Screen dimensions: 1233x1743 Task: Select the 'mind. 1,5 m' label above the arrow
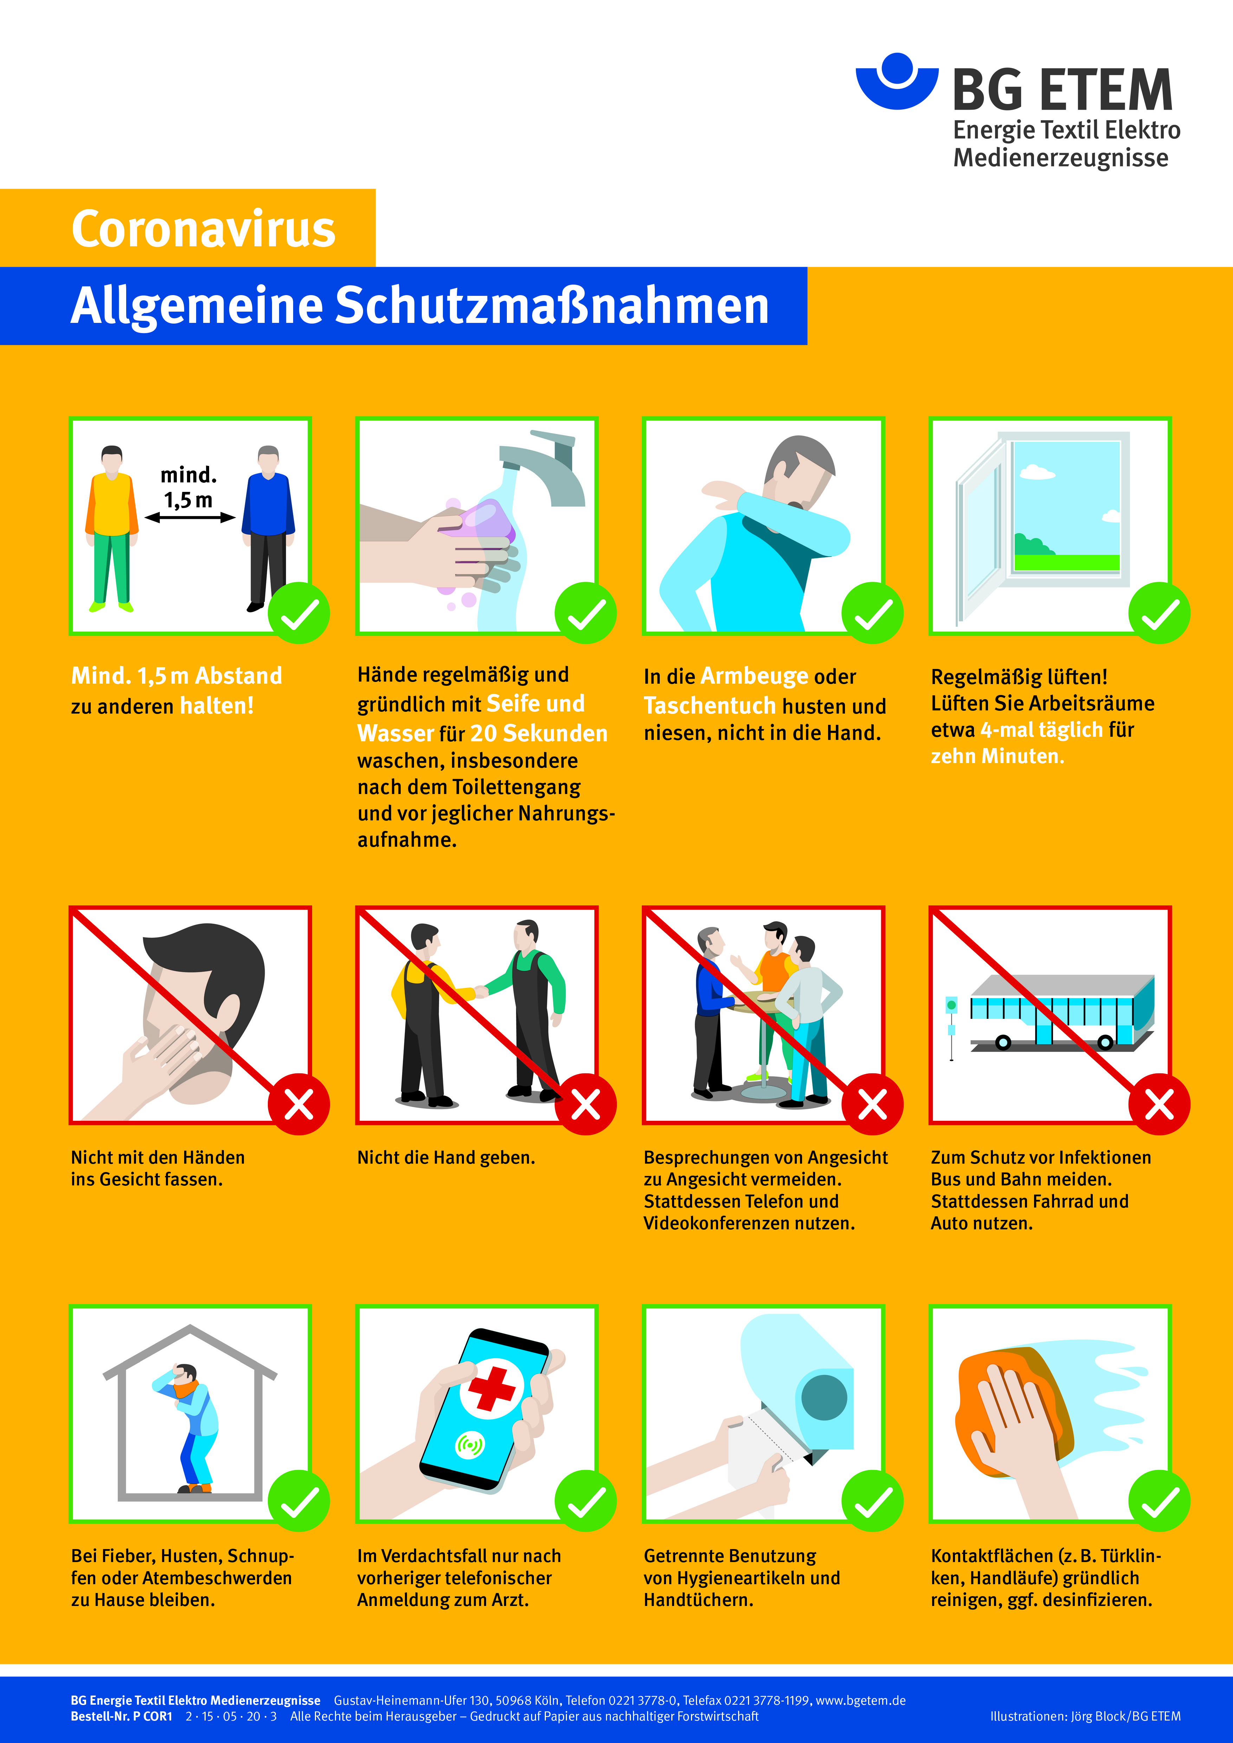point(188,487)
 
